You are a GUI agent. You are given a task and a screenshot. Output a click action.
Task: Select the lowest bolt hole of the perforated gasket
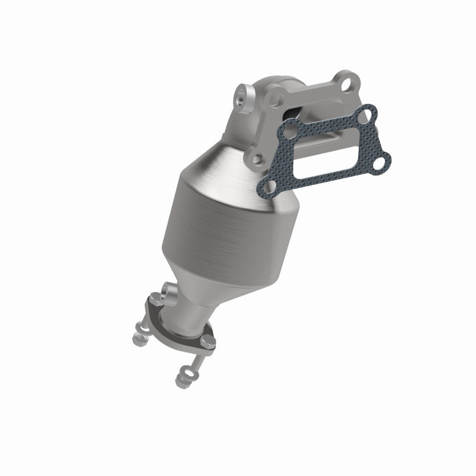pos(265,187)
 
